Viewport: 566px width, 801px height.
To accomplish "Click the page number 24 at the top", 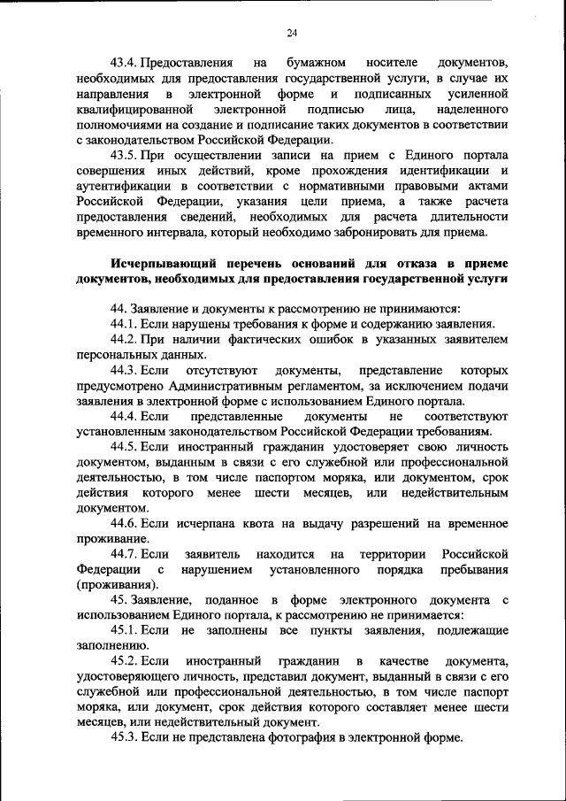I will pyautogui.click(x=292, y=33).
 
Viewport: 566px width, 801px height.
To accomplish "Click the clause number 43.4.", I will pyautogui.click(x=125, y=64).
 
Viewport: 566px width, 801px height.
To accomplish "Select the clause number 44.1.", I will pyautogui.click(x=125, y=324).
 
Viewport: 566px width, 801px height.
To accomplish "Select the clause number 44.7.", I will pyautogui.click(x=125, y=553).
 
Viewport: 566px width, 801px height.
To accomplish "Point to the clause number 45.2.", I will pyautogui.click(x=125, y=661).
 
